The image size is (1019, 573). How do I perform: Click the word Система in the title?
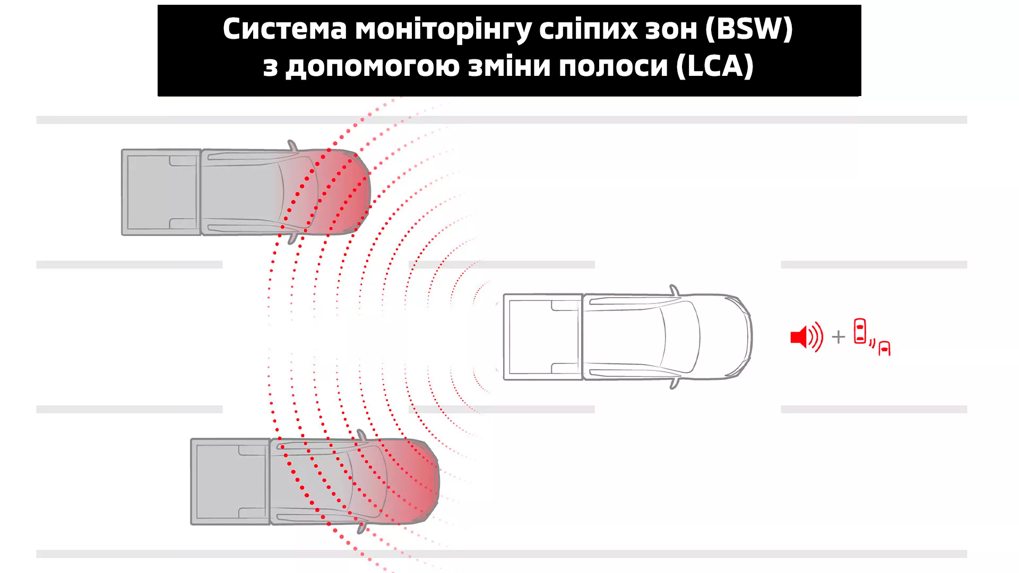coord(284,29)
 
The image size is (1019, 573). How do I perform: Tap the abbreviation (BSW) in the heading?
coord(749,29)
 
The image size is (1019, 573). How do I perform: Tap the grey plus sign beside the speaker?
coord(839,337)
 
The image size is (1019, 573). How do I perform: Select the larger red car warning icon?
coord(860,331)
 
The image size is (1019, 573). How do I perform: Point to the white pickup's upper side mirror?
coord(674,290)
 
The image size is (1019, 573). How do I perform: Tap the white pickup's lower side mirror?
coord(674,383)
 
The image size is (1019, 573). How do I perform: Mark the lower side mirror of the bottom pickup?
coord(362,528)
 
